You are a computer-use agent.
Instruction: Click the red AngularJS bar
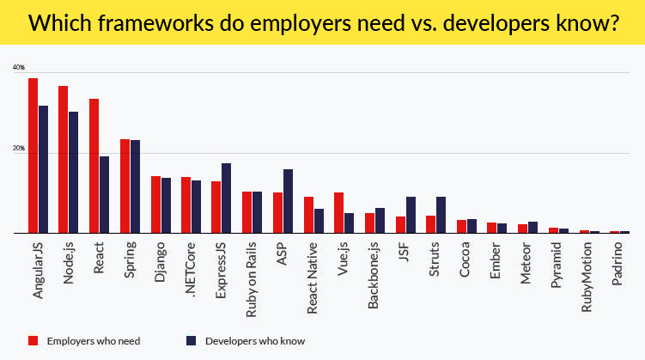point(33,156)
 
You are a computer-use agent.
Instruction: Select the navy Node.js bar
point(74,172)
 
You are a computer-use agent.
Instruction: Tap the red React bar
point(94,166)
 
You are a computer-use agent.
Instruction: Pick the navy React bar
point(104,194)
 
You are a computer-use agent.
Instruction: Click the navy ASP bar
point(288,201)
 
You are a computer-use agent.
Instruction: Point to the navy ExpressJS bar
point(227,198)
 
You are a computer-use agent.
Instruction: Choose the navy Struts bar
point(441,215)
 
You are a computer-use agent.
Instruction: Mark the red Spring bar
point(125,186)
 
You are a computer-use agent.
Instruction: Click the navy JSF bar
point(411,215)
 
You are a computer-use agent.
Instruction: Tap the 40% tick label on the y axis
point(19,68)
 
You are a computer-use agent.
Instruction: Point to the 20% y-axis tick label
point(19,149)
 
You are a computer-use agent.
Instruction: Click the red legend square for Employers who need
point(33,340)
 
